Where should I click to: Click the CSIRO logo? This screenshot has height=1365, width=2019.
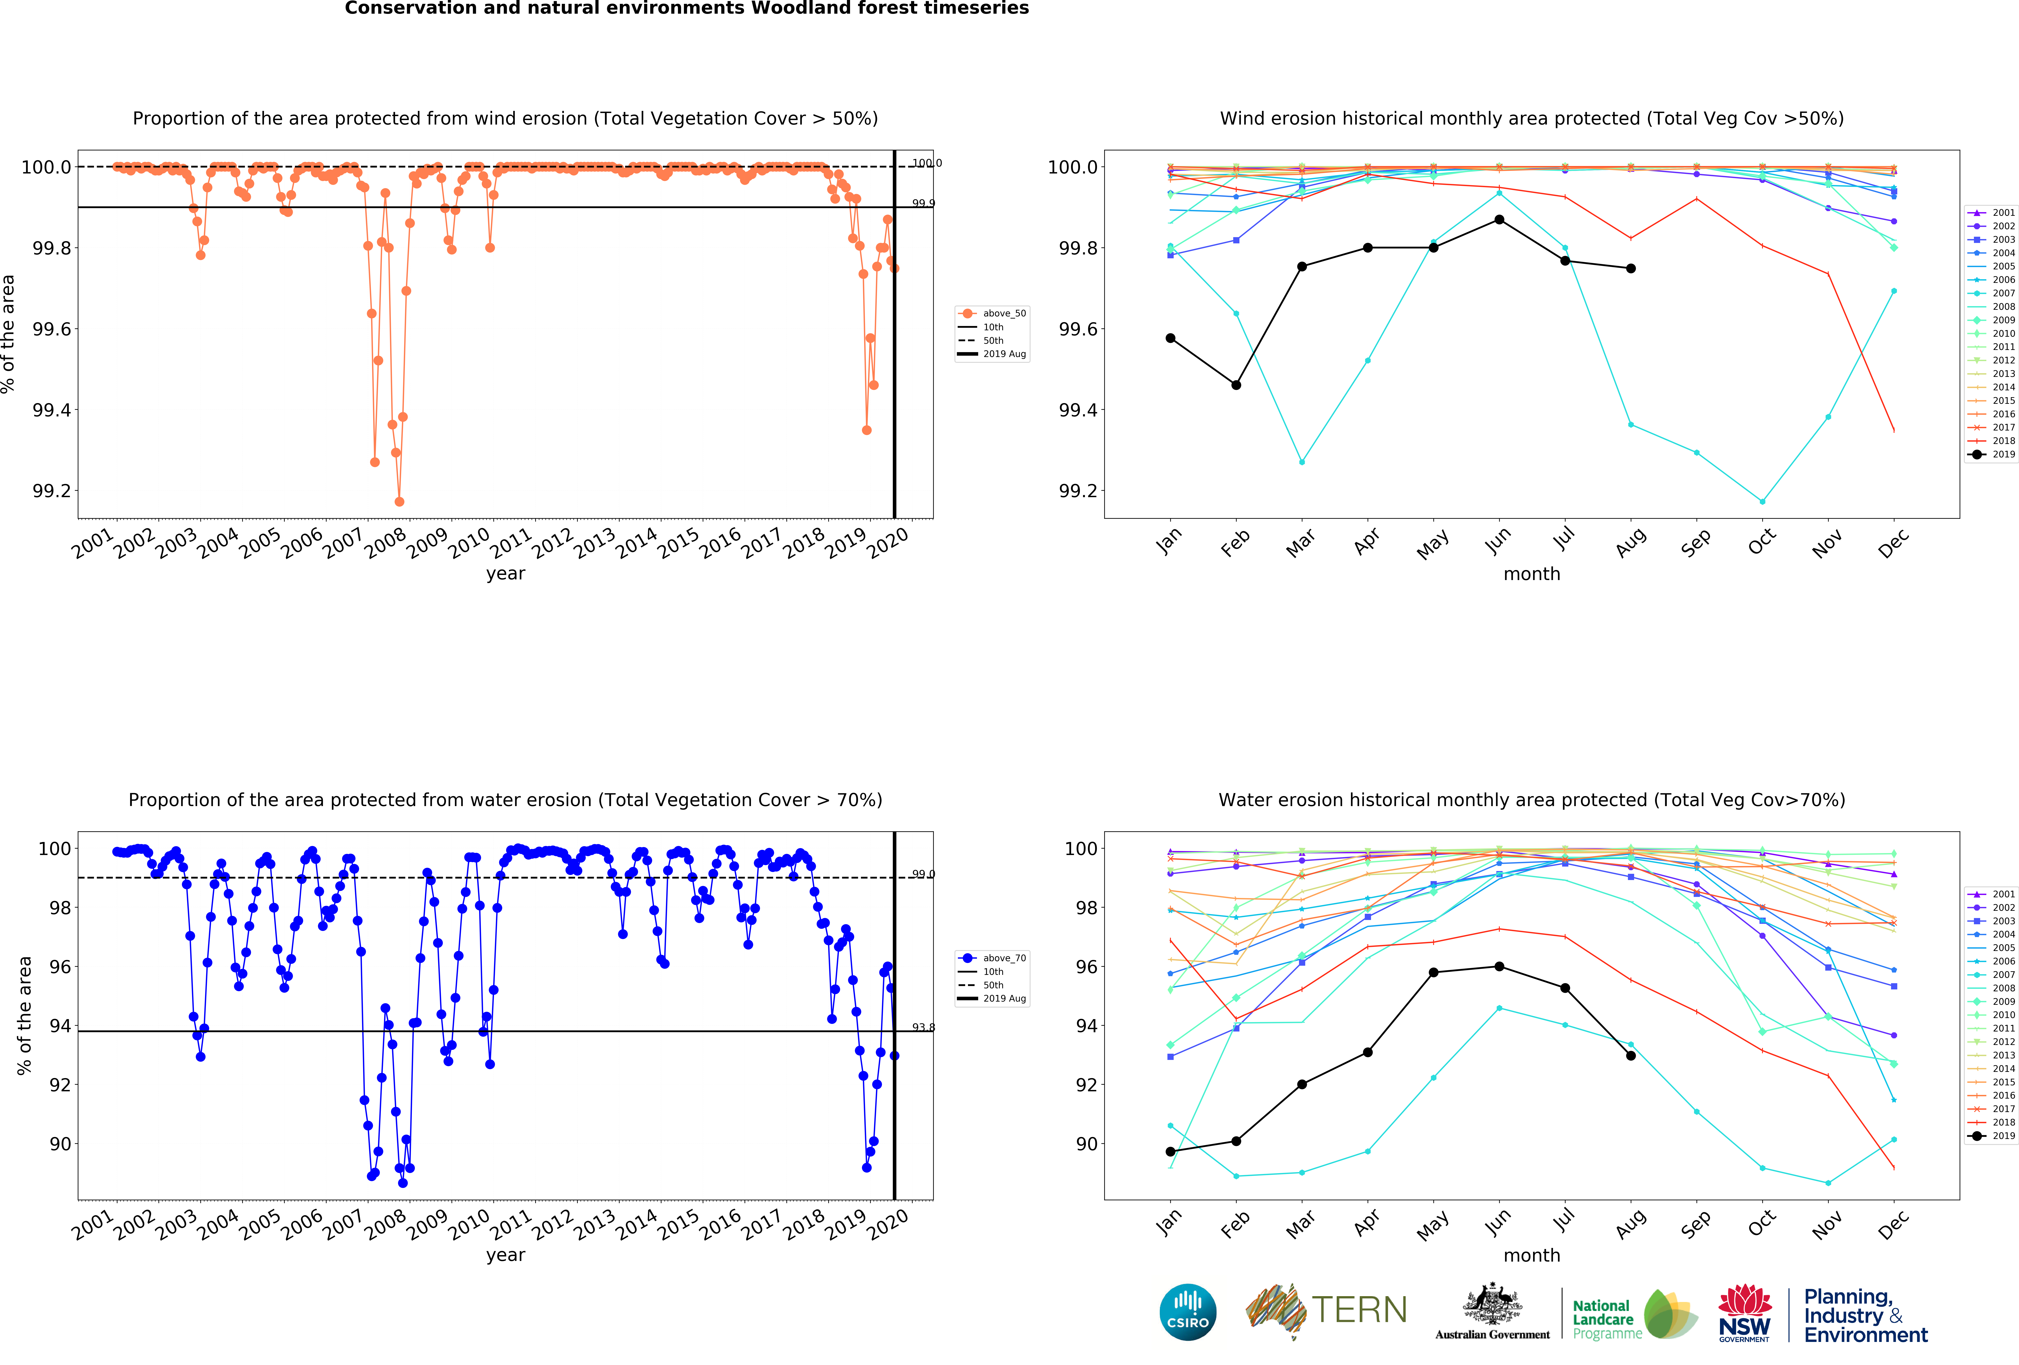pyautogui.click(x=1188, y=1311)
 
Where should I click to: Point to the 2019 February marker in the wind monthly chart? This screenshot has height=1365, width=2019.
pyautogui.click(x=1236, y=385)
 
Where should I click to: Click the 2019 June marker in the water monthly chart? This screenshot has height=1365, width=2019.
pyautogui.click(x=1500, y=966)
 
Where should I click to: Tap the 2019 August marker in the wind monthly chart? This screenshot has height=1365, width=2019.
pyautogui.click(x=1631, y=269)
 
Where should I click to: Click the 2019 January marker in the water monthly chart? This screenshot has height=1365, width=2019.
pyautogui.click(x=1170, y=1151)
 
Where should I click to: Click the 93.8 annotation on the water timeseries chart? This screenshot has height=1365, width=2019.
pyautogui.click(x=923, y=1027)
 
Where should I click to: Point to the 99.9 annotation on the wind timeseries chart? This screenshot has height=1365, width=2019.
pyautogui.click(x=923, y=203)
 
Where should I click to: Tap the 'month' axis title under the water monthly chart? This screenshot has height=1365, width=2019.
pyautogui.click(x=1532, y=1256)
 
